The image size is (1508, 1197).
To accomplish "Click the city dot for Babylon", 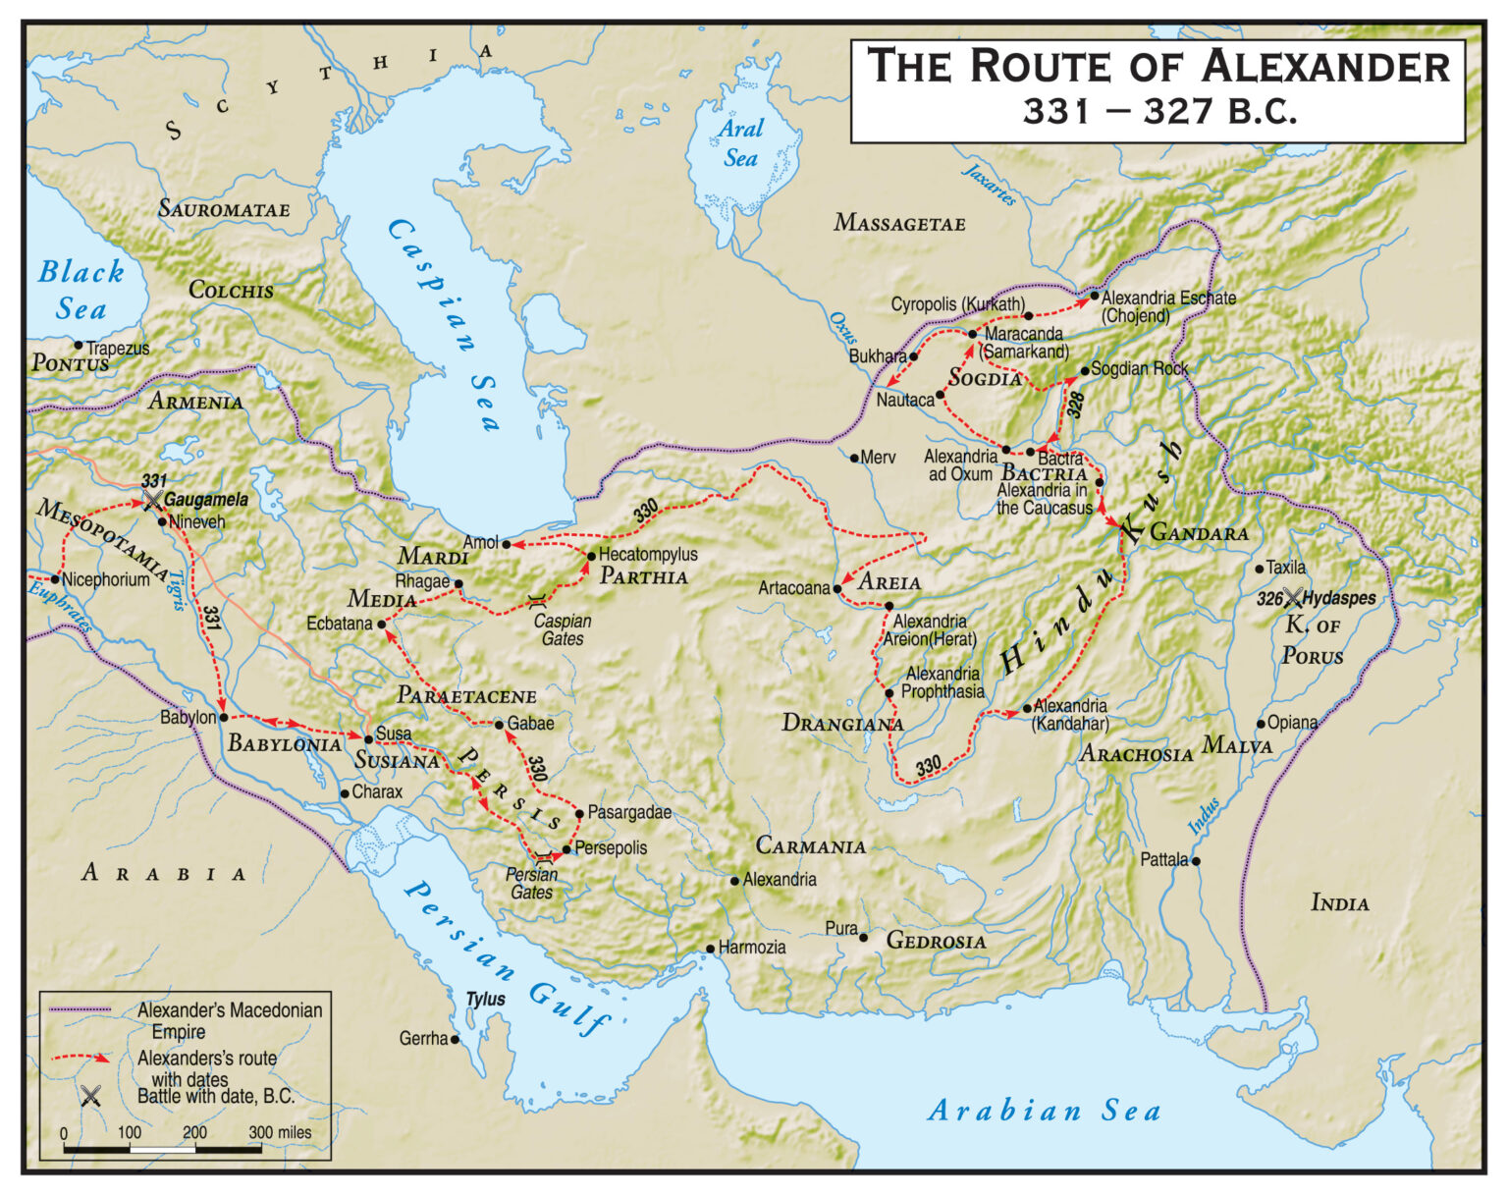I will coord(224,718).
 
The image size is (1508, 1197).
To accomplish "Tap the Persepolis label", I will coord(611,848).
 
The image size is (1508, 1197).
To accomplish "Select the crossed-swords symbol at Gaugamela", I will coord(152,500).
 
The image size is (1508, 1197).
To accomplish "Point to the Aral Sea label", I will coord(740,143).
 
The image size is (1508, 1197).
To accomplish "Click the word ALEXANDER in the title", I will coord(1325,68).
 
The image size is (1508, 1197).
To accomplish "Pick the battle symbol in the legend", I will coord(90,1096).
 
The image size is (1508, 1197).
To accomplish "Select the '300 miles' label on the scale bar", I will coord(280,1132).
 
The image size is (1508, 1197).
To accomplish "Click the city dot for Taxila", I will coord(1260,569).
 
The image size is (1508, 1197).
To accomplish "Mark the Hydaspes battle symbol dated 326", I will coord(1293,598).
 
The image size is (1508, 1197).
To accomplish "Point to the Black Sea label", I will coord(81,290).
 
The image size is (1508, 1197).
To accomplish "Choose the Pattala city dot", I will coord(1196,861).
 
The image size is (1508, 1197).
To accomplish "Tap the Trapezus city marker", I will coord(79,346).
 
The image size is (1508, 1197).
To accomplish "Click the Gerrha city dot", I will coord(455,1039).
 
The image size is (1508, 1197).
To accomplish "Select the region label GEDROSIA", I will coord(936,941).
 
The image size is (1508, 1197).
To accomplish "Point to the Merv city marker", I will coord(854,458).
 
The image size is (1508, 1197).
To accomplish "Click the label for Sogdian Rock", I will coord(1139,369).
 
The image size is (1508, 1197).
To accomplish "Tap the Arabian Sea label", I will coord(1044,1111).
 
